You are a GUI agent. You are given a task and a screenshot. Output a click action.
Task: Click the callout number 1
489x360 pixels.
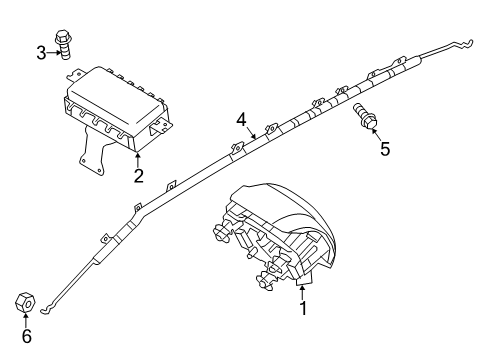coord(302,309)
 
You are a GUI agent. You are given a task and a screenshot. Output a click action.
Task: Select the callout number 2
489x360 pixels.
coord(138,177)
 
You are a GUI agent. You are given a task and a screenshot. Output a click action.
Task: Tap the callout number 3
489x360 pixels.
coord(41,52)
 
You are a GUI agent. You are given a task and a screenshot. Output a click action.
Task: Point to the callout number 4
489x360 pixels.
coord(240,120)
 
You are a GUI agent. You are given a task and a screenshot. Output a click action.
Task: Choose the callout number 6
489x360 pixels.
coord(27,337)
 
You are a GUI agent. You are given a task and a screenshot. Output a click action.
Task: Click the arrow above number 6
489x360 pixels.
coord(27,319)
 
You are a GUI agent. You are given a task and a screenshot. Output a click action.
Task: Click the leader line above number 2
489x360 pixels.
coord(136,160)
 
